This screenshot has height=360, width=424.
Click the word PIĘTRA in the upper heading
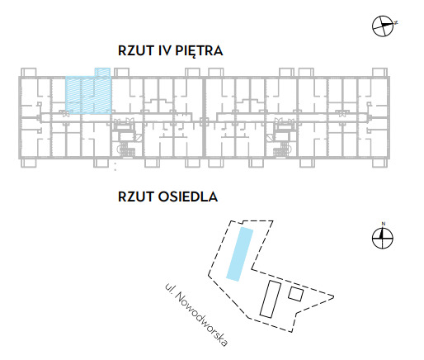(x=199, y=50)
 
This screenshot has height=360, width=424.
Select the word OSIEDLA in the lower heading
(x=188, y=197)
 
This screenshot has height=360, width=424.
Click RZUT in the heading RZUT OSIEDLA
(x=136, y=197)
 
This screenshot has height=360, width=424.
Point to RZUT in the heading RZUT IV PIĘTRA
(x=136, y=50)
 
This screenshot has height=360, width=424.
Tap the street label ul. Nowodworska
(x=196, y=315)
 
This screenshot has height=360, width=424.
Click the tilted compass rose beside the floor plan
(x=383, y=26)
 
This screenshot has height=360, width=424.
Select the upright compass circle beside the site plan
(x=383, y=238)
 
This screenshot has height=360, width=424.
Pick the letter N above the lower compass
(x=384, y=224)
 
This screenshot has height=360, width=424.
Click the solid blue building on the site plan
(x=239, y=254)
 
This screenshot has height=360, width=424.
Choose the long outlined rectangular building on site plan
(x=271, y=299)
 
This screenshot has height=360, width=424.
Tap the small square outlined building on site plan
(x=296, y=294)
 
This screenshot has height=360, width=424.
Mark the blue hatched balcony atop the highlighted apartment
(x=102, y=72)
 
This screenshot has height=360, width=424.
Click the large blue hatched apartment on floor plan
(x=88, y=95)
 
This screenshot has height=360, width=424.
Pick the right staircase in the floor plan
(x=282, y=150)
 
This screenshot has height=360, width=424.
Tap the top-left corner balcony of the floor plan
(x=29, y=72)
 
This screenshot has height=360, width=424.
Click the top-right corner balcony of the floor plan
(x=379, y=72)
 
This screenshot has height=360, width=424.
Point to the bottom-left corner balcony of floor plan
(x=29, y=163)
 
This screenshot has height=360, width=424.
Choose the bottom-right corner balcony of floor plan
(x=379, y=163)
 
